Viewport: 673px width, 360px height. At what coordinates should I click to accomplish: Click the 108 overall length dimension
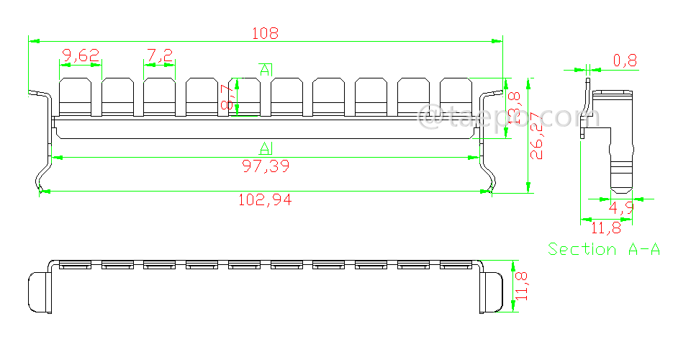click(264, 33)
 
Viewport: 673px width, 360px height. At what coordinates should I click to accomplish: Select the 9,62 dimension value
click(81, 55)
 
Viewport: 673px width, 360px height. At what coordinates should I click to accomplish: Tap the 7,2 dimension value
click(160, 55)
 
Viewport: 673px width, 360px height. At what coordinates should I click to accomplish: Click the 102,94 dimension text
click(265, 200)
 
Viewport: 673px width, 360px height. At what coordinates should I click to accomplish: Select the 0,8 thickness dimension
click(625, 60)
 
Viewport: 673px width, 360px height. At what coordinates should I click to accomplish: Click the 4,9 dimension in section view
click(620, 209)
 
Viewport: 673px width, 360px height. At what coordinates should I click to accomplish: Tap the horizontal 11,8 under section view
click(606, 228)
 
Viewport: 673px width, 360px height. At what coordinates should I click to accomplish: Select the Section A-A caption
click(604, 249)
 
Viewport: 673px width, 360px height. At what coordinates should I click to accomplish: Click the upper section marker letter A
click(265, 70)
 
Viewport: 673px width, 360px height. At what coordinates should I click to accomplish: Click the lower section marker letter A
click(265, 148)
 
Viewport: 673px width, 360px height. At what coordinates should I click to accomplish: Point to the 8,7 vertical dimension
click(227, 98)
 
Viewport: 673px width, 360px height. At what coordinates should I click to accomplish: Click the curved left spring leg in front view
click(44, 173)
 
